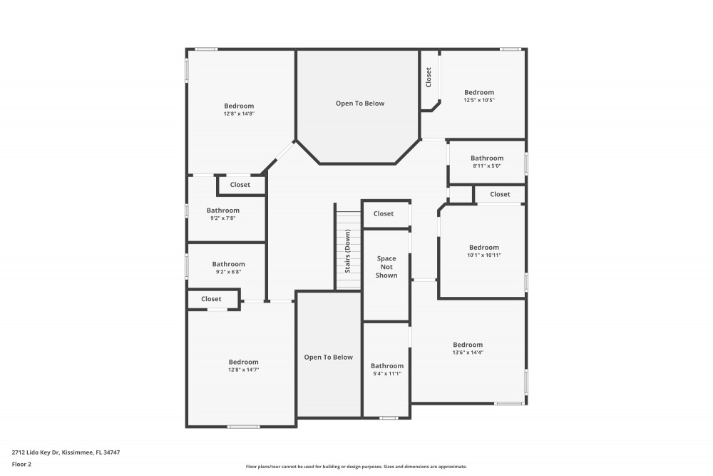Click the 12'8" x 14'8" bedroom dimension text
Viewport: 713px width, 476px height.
click(239, 113)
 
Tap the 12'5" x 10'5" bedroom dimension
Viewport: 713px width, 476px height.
click(479, 100)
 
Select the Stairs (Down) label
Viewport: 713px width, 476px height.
click(347, 250)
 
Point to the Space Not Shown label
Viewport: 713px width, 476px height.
click(386, 267)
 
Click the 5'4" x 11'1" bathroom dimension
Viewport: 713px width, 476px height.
click(387, 374)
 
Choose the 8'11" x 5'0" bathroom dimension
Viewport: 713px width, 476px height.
click(487, 166)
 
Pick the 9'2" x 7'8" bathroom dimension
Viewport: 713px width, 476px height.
click(222, 218)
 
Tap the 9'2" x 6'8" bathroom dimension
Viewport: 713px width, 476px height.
click(229, 272)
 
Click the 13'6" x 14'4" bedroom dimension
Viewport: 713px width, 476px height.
click(468, 353)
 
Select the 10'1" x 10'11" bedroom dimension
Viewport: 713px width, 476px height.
click(484, 255)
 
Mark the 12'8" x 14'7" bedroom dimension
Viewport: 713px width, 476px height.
click(244, 370)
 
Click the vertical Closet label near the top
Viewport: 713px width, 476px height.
click(429, 77)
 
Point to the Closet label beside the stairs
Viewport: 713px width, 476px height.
click(384, 213)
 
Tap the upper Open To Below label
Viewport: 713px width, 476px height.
click(360, 103)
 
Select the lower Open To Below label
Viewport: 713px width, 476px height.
click(328, 358)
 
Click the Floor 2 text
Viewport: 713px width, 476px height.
click(21, 464)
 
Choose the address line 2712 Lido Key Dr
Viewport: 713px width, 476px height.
click(66, 452)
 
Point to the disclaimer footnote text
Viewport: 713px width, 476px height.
click(356, 467)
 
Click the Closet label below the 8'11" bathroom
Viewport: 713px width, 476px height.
click(501, 194)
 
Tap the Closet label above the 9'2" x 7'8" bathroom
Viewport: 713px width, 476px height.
click(240, 185)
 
